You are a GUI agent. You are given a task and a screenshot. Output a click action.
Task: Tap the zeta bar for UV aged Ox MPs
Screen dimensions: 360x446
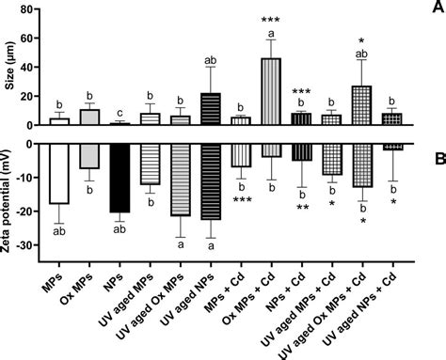[180, 180]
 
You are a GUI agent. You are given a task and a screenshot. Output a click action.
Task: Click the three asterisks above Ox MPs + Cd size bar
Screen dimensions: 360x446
[270, 20]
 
